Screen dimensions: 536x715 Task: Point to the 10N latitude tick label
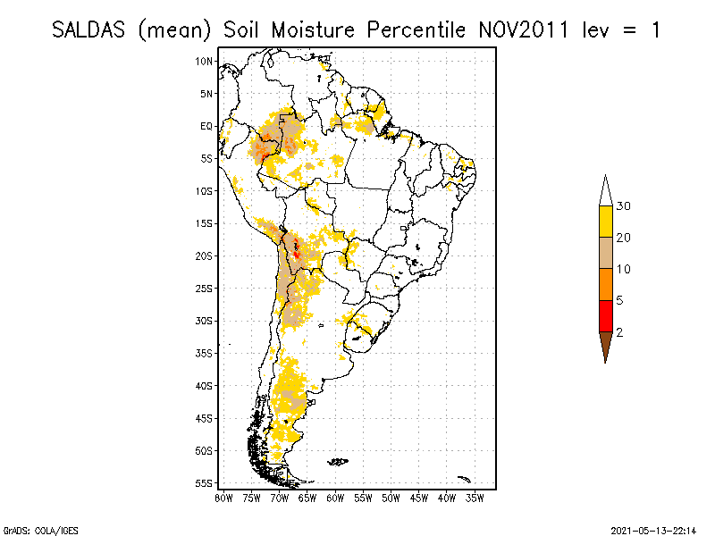pyautogui.click(x=206, y=61)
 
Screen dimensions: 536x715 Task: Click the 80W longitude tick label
pyautogui.click(x=223, y=497)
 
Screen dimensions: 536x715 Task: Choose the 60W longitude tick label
pyautogui.click(x=335, y=497)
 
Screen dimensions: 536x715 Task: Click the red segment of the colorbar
pyautogui.click(x=605, y=315)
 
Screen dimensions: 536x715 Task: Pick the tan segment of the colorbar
pyautogui.click(x=605, y=253)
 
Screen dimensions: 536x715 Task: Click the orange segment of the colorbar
pyautogui.click(x=605, y=284)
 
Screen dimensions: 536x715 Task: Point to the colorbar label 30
pyautogui.click(x=623, y=206)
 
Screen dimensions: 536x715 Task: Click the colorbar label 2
pyautogui.click(x=619, y=331)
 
